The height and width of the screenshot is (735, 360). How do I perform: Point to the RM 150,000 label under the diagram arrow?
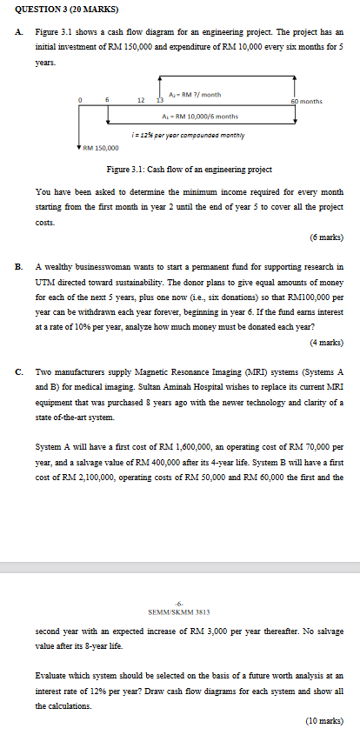point(100,147)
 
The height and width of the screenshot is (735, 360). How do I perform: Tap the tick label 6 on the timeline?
point(106,100)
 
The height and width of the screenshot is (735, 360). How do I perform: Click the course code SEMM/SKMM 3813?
point(179,612)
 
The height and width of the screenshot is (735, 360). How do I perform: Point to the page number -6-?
point(179,602)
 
